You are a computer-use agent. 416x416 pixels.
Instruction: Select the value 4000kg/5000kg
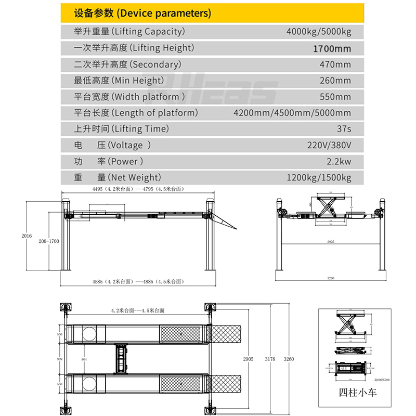(x=319, y=32)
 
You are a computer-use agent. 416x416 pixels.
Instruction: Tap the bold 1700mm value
(x=331, y=49)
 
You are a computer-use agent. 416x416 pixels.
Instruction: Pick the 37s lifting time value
(x=344, y=129)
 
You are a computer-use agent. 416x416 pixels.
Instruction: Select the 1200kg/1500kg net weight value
(x=319, y=178)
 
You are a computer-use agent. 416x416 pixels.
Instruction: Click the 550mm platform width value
(x=335, y=97)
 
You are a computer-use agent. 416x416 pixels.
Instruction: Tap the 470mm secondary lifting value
(x=335, y=64)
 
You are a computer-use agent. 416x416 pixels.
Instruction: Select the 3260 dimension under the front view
(x=330, y=278)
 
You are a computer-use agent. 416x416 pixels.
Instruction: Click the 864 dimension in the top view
(x=84, y=359)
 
